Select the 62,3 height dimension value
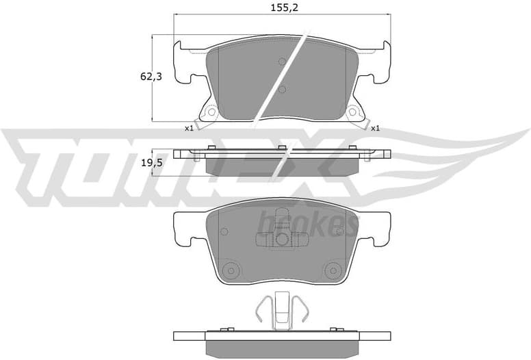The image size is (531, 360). click(151, 77)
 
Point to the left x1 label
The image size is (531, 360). click(188, 128)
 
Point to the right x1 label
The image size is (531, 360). click(375, 128)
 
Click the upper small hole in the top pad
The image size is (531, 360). click(282, 61)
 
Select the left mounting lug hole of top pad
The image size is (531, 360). click(211, 112)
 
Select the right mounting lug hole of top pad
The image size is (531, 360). click(353, 112)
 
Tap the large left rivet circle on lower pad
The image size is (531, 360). click(231, 269)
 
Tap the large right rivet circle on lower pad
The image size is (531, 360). click(334, 269)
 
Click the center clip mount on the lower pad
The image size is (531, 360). click(281, 239)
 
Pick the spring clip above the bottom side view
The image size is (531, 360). click(281, 310)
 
